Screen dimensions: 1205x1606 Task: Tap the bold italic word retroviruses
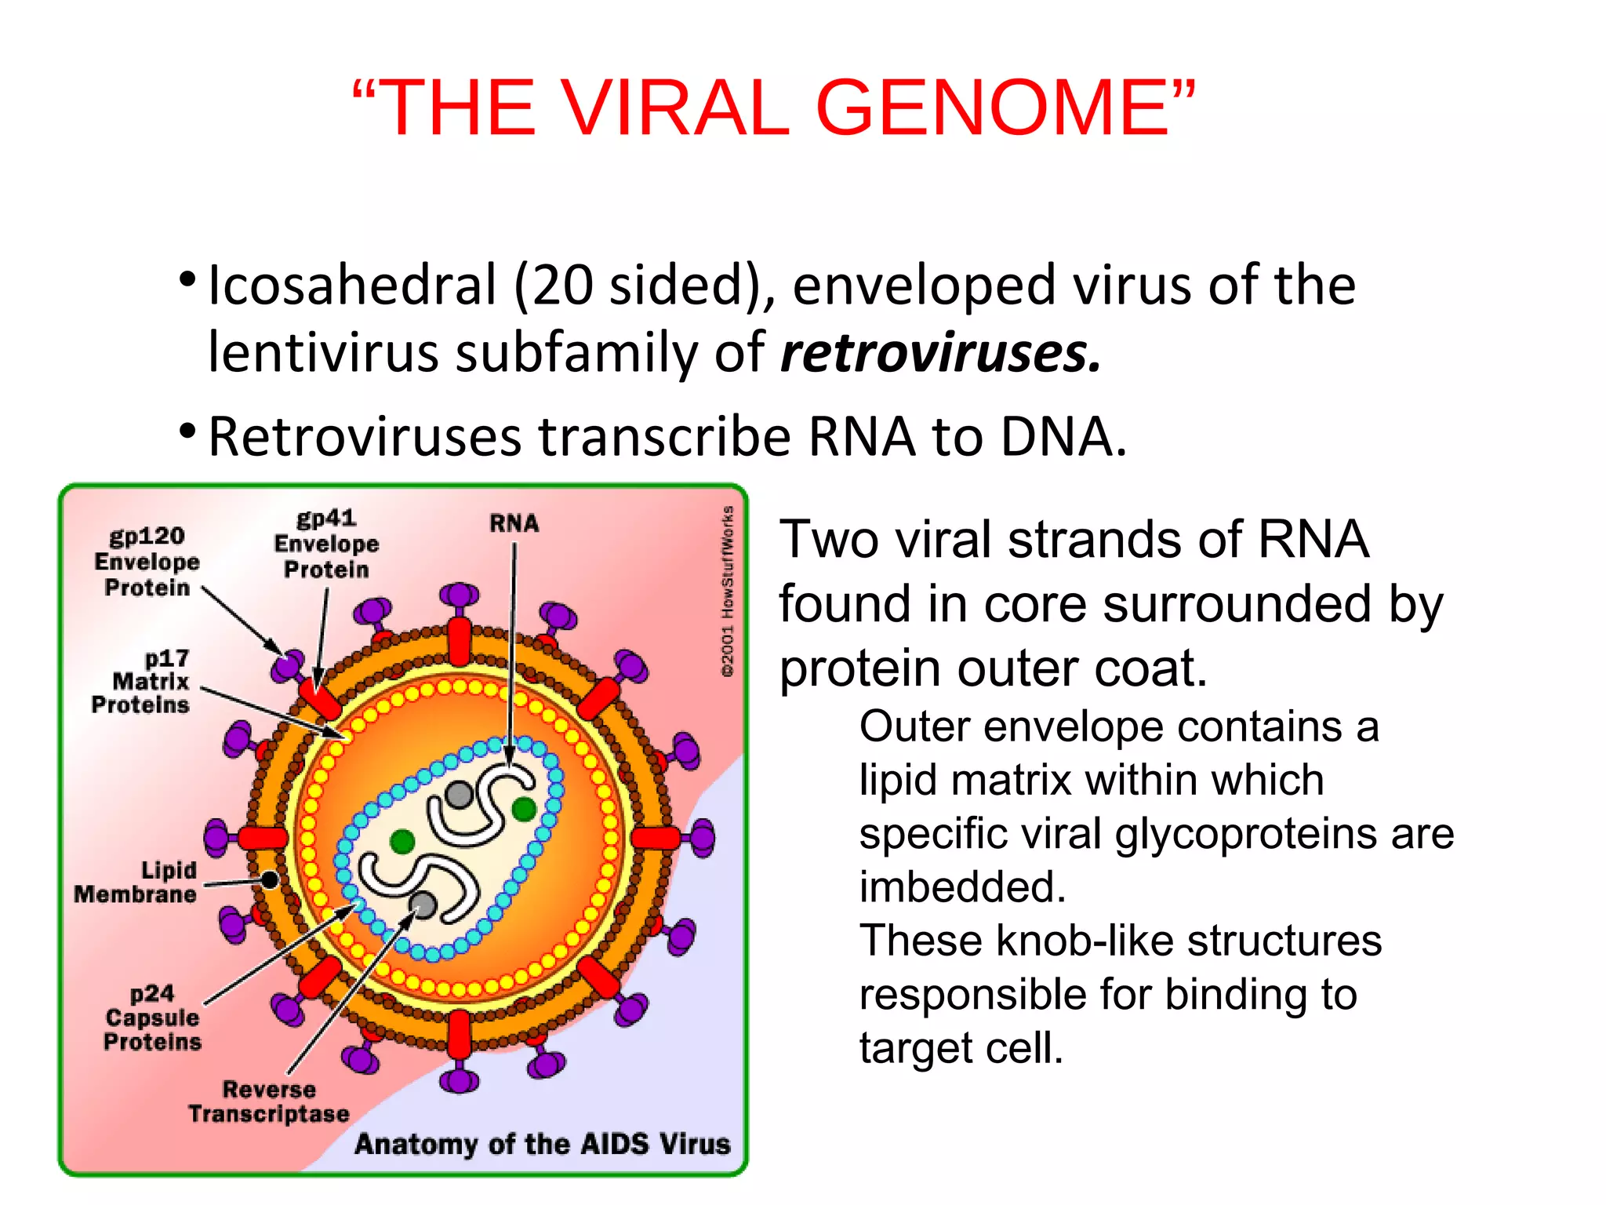tap(940, 352)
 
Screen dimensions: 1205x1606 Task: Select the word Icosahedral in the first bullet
tap(352, 285)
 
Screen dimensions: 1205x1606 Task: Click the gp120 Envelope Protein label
tap(147, 562)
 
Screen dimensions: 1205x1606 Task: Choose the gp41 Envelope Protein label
tap(326, 544)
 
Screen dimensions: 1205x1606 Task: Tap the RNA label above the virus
tap(514, 523)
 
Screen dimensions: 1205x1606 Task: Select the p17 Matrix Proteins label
tap(141, 681)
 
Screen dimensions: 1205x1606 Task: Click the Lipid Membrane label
tap(136, 882)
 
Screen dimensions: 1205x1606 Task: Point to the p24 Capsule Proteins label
tap(152, 1018)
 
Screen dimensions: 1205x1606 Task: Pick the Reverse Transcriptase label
tap(268, 1101)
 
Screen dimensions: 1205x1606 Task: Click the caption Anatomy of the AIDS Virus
tap(542, 1143)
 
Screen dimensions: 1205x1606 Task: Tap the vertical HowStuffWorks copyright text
tap(728, 592)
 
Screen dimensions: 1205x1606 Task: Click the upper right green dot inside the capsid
tap(524, 808)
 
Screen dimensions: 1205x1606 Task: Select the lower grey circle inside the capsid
tap(423, 905)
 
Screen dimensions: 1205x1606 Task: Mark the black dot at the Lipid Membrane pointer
tap(270, 879)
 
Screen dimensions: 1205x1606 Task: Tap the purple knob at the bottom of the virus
tap(459, 1080)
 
